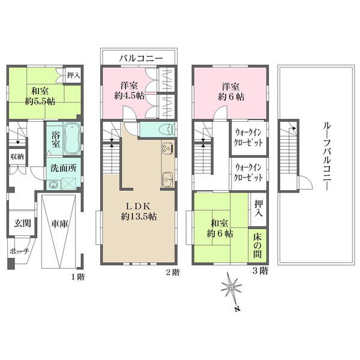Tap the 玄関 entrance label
click(22, 223)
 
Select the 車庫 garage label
click(59, 224)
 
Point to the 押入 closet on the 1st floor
click(73, 75)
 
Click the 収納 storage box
click(17, 157)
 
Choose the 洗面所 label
click(64, 168)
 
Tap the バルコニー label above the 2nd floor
click(141, 58)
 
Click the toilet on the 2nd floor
click(167, 130)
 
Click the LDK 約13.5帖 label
click(139, 211)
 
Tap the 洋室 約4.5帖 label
click(129, 91)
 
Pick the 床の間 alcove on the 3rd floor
click(257, 245)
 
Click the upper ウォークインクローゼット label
click(248, 138)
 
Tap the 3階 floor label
click(260, 271)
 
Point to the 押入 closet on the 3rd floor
click(259, 209)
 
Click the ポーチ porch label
click(20, 251)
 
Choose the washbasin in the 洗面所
click(53, 185)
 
